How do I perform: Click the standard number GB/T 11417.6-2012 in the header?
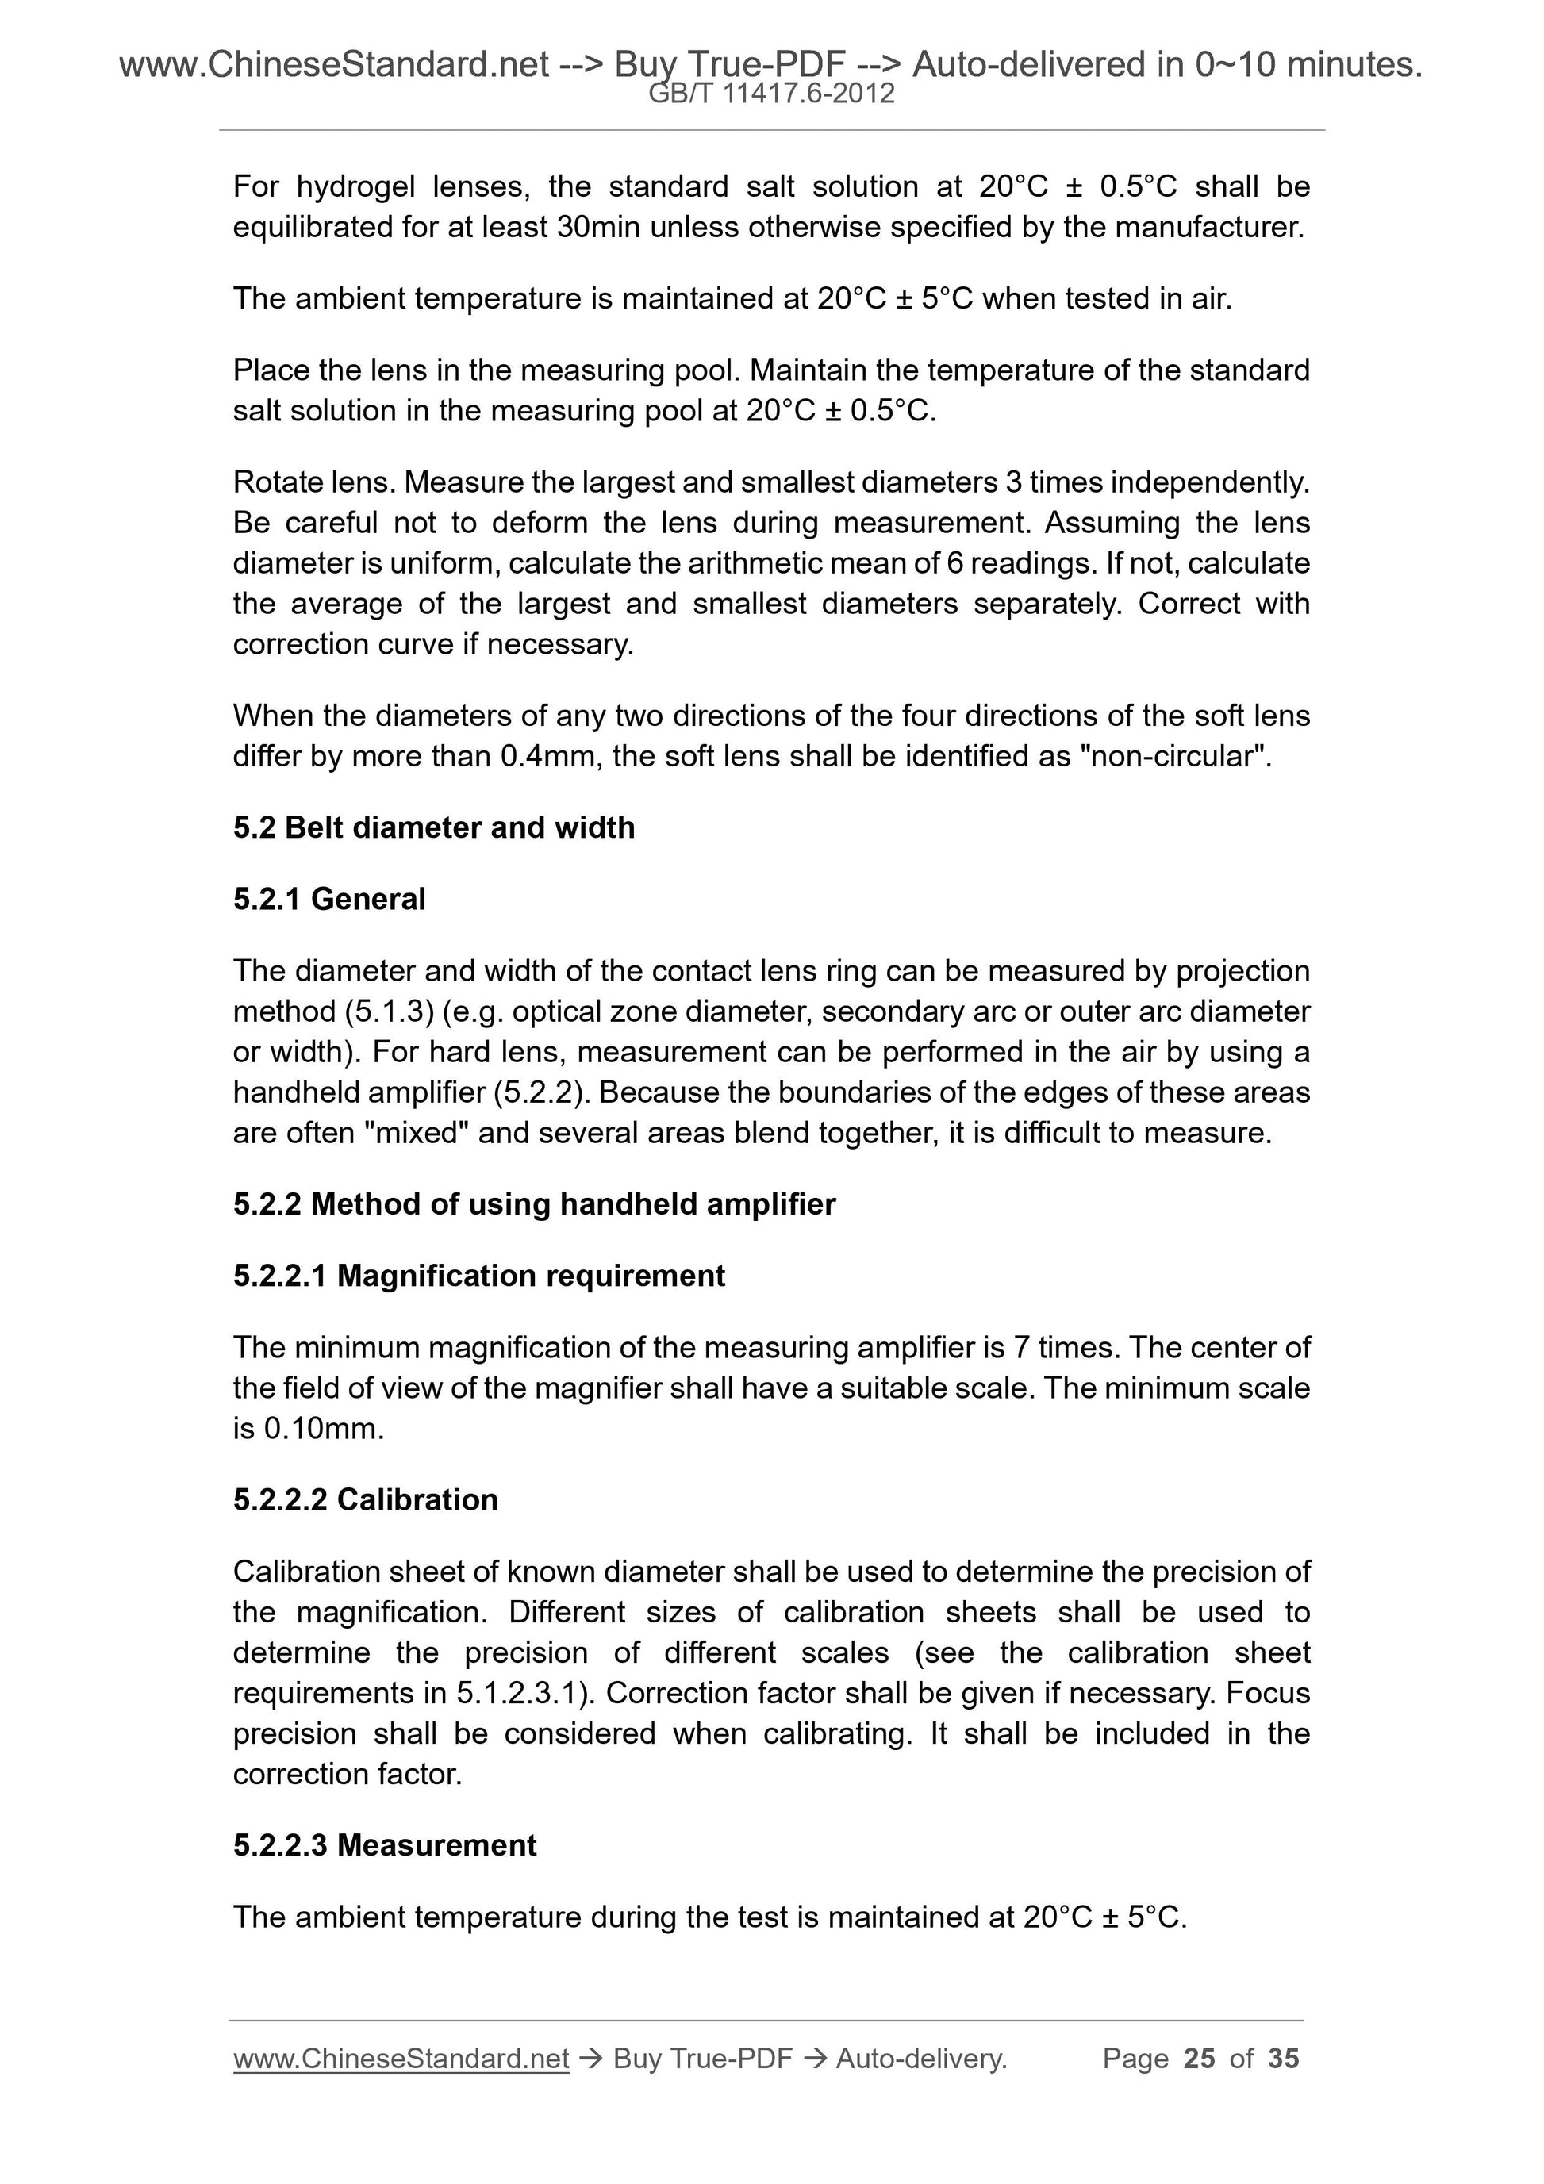pos(770,94)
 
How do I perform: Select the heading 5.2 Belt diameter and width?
pos(434,827)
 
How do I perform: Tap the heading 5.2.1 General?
pos(329,899)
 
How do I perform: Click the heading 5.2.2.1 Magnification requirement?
pos(478,1276)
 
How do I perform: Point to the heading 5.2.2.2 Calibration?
pos(365,1499)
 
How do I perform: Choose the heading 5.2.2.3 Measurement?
pos(384,1844)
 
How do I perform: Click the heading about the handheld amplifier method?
pos(534,1204)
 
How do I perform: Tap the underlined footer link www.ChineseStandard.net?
pos(401,2059)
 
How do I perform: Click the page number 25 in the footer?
pos(1199,2059)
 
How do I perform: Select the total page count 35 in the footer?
pos(1283,2059)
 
